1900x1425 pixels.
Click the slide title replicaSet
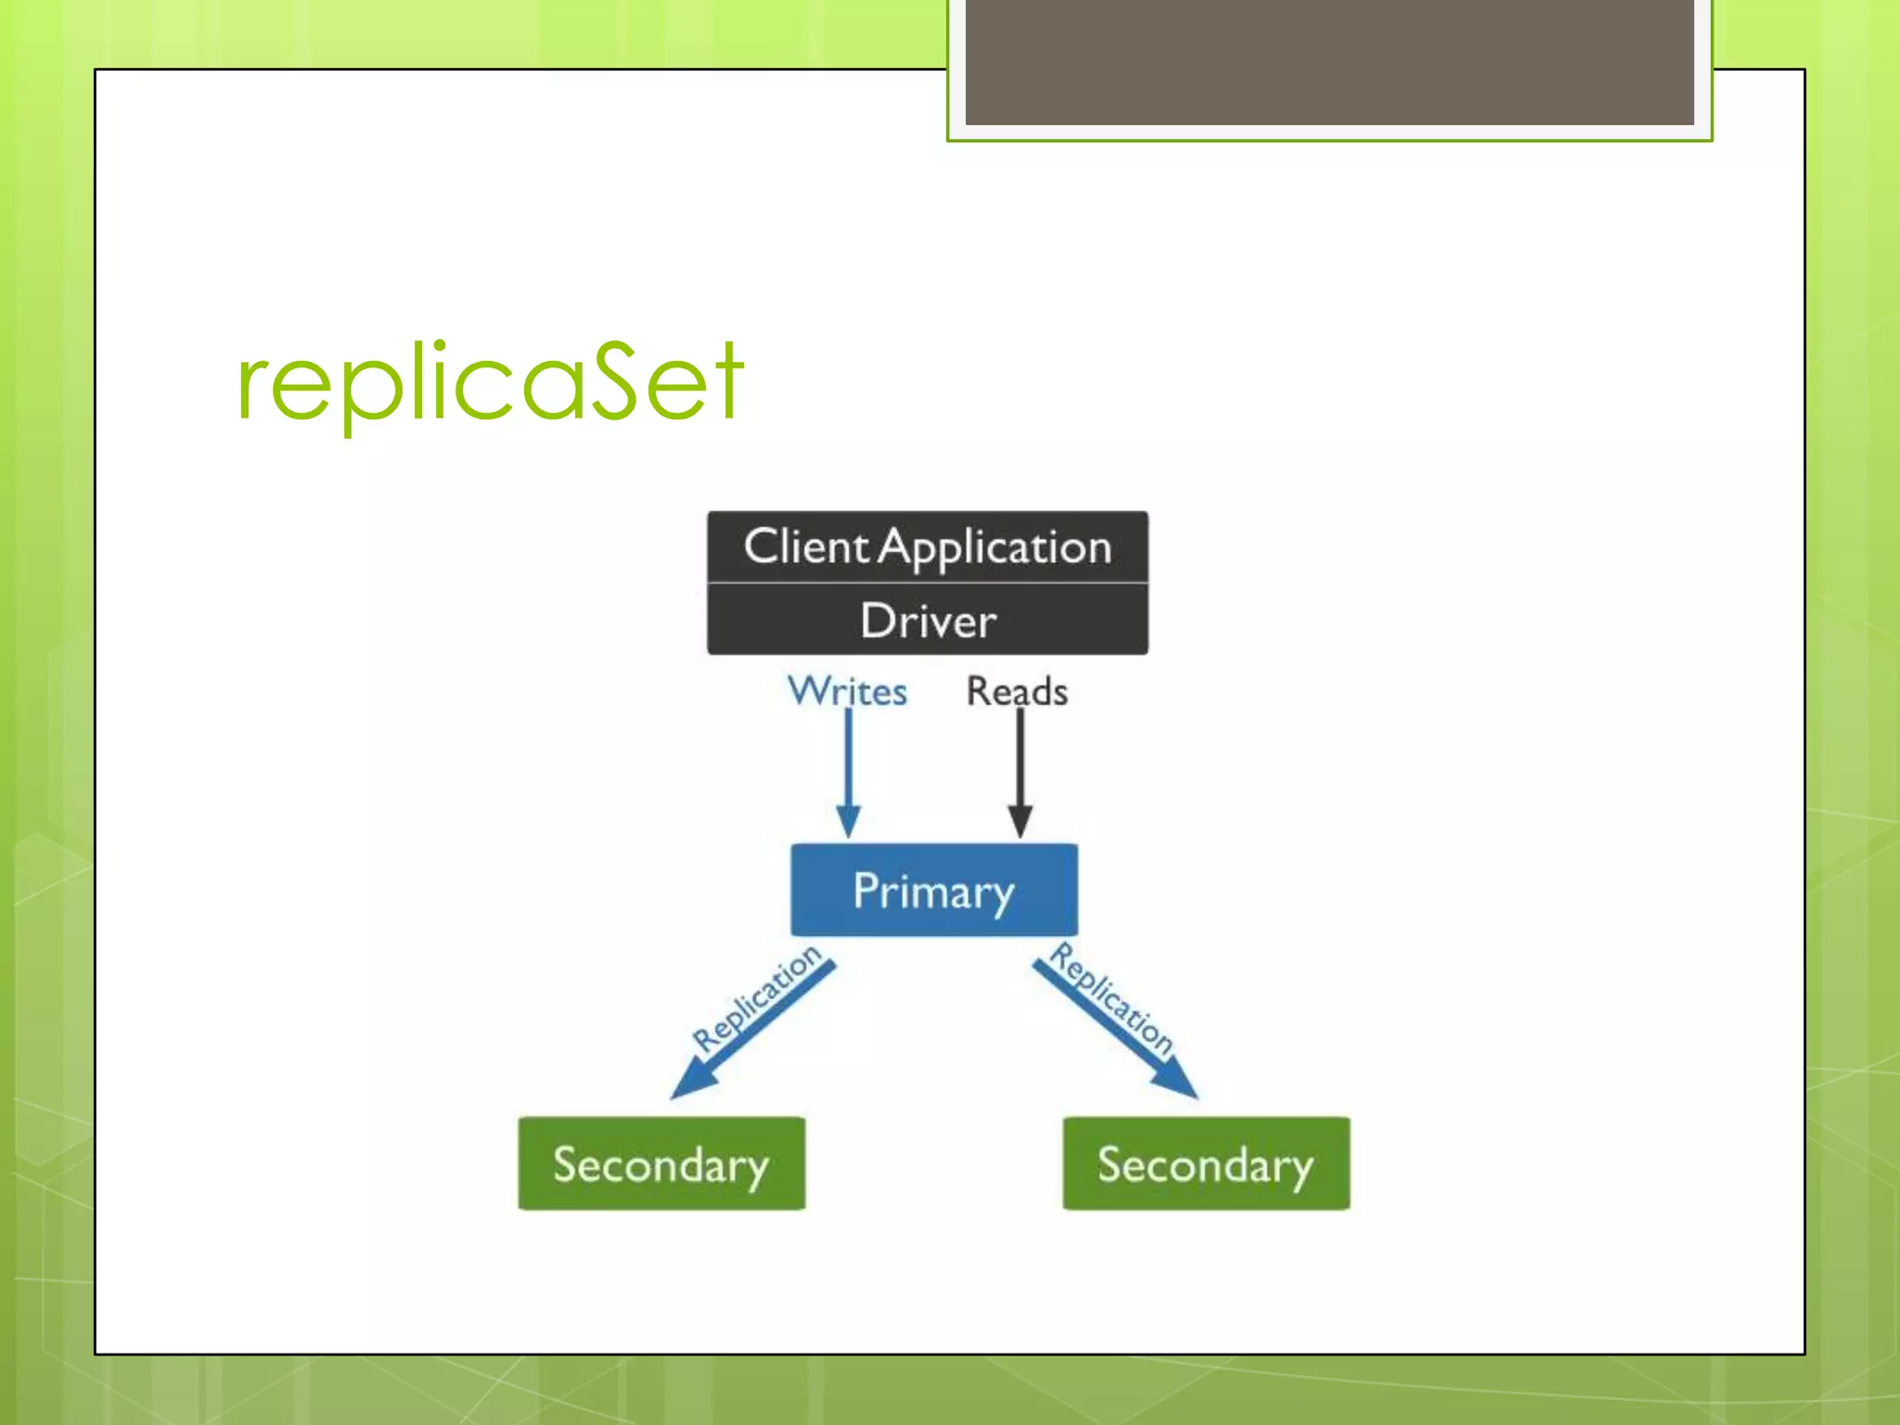[490, 382]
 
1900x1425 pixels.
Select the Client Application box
[927, 546]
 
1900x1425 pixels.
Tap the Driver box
[927, 621]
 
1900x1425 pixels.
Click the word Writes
[847, 692]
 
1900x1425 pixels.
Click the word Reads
[1017, 692]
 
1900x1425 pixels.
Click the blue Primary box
[933, 891]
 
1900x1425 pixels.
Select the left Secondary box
[661, 1163]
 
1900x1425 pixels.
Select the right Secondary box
[1206, 1163]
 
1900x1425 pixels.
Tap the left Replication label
[756, 998]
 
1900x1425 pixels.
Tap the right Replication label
[1111, 998]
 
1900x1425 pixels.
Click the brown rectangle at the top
[1329, 61]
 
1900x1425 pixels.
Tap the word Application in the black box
[995, 547]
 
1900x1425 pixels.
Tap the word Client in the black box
[805, 546]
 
